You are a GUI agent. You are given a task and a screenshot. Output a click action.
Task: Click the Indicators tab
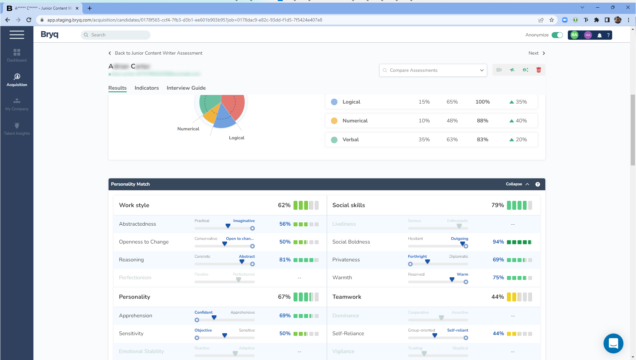click(x=147, y=88)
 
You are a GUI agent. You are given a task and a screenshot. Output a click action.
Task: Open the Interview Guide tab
click(x=186, y=88)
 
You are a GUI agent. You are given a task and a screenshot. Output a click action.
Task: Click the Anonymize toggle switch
click(x=557, y=35)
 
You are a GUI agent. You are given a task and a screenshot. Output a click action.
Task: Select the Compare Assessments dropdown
click(x=433, y=70)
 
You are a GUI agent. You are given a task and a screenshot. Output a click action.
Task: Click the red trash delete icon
click(x=538, y=70)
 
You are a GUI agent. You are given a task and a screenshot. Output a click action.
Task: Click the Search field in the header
click(x=116, y=35)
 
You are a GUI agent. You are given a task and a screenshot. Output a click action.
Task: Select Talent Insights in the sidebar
click(x=17, y=129)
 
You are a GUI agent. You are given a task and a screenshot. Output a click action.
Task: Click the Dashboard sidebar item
click(x=17, y=55)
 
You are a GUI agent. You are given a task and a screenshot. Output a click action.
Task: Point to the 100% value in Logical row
click(x=482, y=102)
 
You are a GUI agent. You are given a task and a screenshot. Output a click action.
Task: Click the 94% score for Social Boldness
click(x=498, y=242)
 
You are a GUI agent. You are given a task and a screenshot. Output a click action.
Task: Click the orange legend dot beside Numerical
click(x=334, y=121)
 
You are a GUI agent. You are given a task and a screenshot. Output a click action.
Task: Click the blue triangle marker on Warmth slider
click(x=452, y=280)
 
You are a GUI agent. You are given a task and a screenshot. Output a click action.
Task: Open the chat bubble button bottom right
click(x=613, y=343)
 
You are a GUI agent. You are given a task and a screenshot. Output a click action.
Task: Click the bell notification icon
click(x=599, y=35)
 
